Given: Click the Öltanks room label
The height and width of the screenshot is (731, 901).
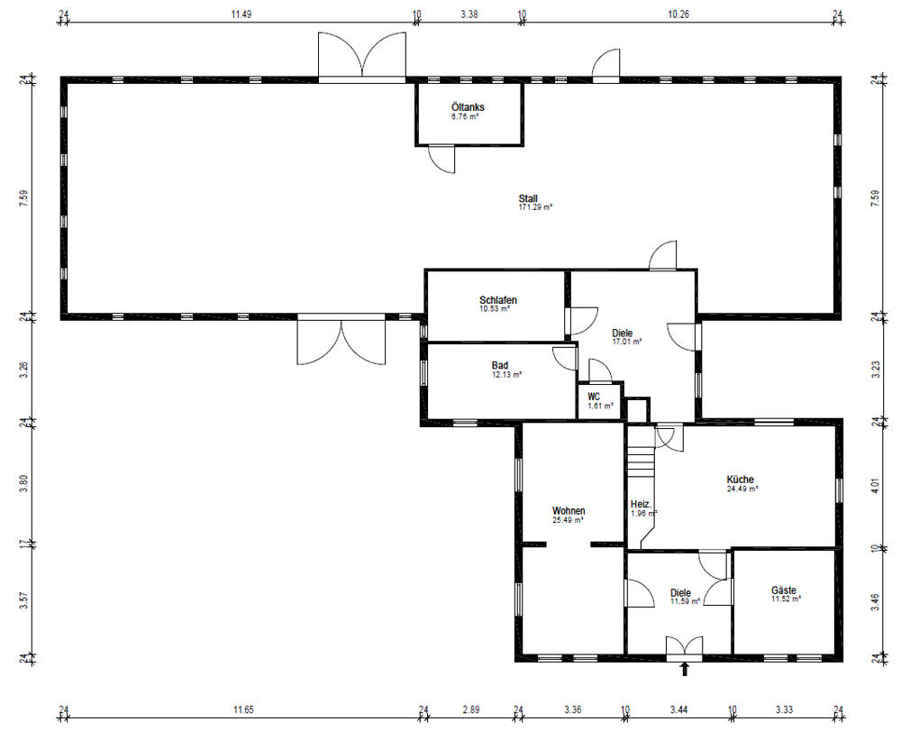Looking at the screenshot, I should [x=467, y=107].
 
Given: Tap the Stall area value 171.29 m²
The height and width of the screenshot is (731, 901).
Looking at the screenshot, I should [x=534, y=207].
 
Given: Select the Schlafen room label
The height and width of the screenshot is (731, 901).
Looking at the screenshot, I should [x=497, y=300].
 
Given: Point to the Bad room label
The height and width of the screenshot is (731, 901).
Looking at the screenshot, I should [x=499, y=365].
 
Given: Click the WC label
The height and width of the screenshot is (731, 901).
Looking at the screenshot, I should [x=594, y=397].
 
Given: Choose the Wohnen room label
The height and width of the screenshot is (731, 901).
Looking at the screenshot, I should [x=569, y=511].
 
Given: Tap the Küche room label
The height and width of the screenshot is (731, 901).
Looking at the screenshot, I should [x=740, y=480].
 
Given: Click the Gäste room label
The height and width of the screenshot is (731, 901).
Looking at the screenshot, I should [x=783, y=590].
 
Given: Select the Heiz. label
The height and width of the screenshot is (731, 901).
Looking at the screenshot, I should [x=640, y=504].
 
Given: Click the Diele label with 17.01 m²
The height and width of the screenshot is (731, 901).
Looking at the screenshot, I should [x=623, y=333].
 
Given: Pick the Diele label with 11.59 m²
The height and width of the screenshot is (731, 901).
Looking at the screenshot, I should [x=680, y=592].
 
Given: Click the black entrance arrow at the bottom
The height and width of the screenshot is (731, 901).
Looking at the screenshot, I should [x=684, y=669].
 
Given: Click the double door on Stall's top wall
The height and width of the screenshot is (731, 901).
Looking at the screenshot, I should [x=361, y=57].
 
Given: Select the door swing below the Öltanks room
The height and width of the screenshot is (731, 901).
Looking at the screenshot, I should [x=441, y=159].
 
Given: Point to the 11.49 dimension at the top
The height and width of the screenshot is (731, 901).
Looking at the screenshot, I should [x=240, y=14].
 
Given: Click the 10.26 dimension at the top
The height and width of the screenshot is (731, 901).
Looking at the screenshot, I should [x=679, y=14].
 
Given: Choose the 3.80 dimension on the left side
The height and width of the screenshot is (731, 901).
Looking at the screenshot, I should [x=24, y=483].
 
